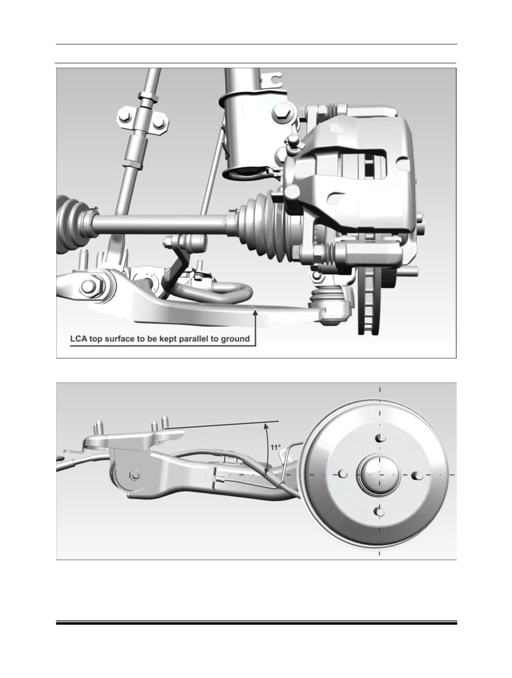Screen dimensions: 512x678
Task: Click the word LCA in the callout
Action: (x=78, y=339)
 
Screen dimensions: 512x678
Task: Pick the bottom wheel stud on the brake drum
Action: (x=380, y=512)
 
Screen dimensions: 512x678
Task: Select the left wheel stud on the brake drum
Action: (x=343, y=474)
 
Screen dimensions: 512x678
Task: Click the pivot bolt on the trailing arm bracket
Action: (x=134, y=475)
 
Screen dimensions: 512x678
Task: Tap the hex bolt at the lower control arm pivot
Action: (x=90, y=286)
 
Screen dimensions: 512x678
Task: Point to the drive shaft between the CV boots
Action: (x=161, y=225)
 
